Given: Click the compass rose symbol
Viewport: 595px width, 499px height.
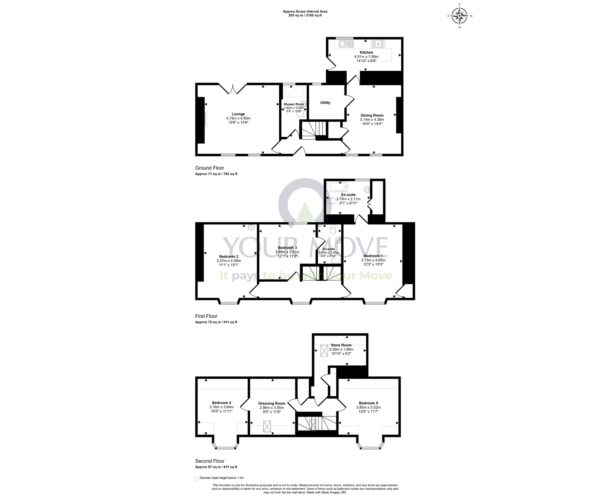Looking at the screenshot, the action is click(x=460, y=16).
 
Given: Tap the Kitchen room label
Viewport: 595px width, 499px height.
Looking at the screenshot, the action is click(x=366, y=52).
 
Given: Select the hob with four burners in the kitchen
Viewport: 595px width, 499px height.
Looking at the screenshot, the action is click(x=378, y=44).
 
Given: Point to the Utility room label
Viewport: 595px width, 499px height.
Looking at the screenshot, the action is click(x=325, y=103).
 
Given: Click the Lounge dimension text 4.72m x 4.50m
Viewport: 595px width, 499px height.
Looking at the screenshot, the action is click(x=238, y=118).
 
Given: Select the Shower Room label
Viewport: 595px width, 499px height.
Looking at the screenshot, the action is click(x=294, y=104).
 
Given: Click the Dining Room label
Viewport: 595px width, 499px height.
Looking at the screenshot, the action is click(x=372, y=116).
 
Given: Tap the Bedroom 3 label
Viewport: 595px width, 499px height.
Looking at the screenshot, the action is click(x=287, y=248).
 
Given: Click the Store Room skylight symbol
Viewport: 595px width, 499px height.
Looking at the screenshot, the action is click(x=324, y=350).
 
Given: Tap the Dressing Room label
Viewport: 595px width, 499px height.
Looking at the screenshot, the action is click(x=272, y=404).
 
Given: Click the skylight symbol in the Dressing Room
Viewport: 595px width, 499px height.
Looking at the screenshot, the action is click(x=267, y=426).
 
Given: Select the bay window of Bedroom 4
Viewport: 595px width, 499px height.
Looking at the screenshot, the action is click(x=225, y=445).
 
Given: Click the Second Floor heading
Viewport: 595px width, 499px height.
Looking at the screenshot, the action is click(x=210, y=461).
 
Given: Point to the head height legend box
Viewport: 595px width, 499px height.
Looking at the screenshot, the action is click(x=196, y=486).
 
